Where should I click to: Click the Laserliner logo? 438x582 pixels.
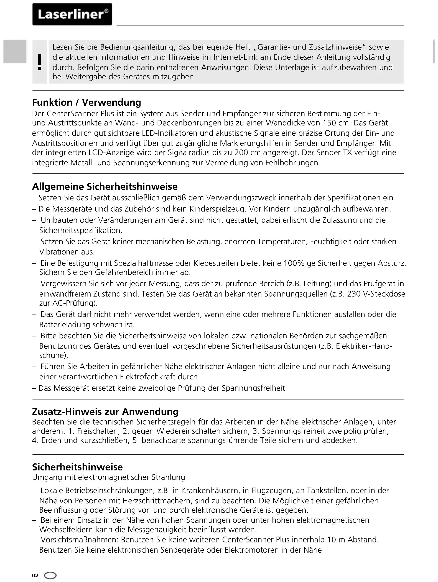point(72,14)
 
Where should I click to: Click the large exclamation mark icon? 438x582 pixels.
point(40,61)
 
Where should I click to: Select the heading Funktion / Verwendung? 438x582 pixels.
point(86,102)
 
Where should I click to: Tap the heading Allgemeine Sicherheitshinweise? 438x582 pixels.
point(105,186)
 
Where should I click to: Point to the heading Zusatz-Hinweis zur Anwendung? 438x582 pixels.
point(105,411)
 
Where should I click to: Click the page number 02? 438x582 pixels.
point(35,575)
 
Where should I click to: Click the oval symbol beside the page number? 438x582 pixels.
point(50,575)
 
